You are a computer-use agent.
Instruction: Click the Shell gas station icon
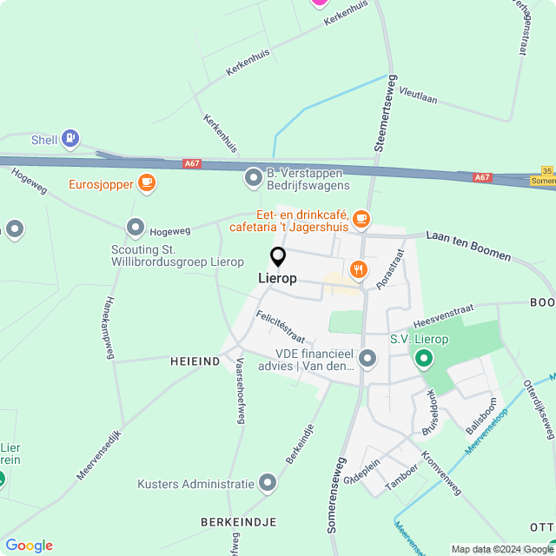pyautogui.click(x=69, y=138)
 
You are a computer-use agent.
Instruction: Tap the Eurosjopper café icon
pyautogui.click(x=147, y=182)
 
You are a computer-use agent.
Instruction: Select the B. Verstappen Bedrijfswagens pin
pyautogui.click(x=254, y=177)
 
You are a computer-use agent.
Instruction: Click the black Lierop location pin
pyautogui.click(x=278, y=257)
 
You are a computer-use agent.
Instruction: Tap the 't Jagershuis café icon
pyautogui.click(x=361, y=218)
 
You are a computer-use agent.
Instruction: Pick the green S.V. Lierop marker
pyautogui.click(x=424, y=357)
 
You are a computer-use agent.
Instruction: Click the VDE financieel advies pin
pyautogui.click(x=367, y=358)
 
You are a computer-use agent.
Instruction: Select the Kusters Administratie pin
pyautogui.click(x=268, y=482)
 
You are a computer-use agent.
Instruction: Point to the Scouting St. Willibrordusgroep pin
pyautogui.click(x=136, y=228)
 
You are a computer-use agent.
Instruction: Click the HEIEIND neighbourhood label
pyautogui.click(x=195, y=361)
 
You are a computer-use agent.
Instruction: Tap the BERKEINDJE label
pyautogui.click(x=238, y=522)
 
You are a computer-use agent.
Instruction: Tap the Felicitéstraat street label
pyautogui.click(x=280, y=326)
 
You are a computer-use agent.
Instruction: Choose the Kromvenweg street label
pyautogui.click(x=440, y=473)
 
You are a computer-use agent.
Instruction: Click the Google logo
pyautogui.click(x=30, y=546)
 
